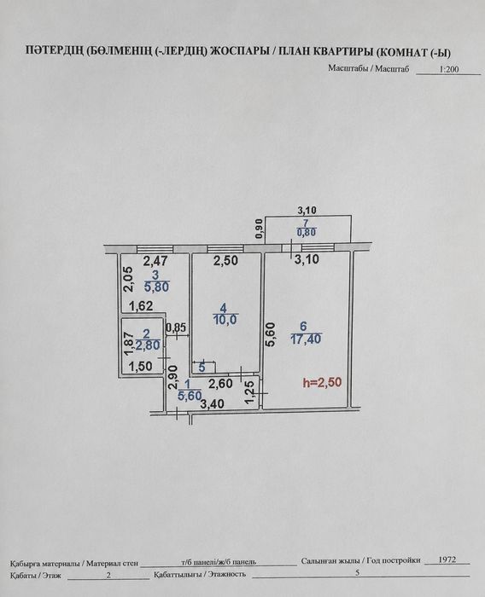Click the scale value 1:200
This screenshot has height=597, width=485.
[x=449, y=69]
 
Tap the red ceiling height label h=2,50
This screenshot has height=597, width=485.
[x=322, y=383]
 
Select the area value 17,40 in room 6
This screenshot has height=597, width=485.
[x=307, y=339]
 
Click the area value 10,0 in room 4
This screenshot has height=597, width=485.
[x=225, y=320]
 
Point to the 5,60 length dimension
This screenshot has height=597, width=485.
[x=271, y=335]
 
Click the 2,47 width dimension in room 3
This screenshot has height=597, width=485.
[x=155, y=261]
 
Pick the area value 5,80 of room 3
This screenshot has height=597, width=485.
[x=156, y=287]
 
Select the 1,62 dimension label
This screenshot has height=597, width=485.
[x=141, y=305]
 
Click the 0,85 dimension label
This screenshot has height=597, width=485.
[x=176, y=327]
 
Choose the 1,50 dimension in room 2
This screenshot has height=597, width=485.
[x=140, y=367]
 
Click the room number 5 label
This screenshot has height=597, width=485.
[x=202, y=368]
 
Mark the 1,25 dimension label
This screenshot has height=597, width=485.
[x=249, y=391]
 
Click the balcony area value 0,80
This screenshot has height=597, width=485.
[x=307, y=232]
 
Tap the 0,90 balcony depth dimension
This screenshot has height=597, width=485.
[x=260, y=229]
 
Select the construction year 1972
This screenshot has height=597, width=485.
[x=447, y=560]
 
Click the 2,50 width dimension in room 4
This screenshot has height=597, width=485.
[x=225, y=261]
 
